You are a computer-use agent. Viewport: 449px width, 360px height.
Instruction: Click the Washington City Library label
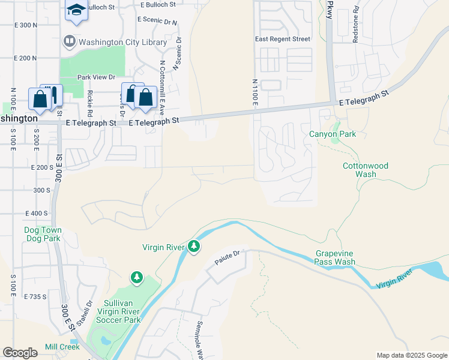point(118,43)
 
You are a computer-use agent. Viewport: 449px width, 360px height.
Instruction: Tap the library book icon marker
point(69,42)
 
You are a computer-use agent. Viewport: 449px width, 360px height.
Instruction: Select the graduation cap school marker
point(76,10)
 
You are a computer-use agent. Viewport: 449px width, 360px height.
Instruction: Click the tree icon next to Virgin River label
point(193,247)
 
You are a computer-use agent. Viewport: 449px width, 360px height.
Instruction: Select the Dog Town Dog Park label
point(43,234)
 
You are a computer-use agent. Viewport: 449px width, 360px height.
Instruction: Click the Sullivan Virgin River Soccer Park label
point(113,311)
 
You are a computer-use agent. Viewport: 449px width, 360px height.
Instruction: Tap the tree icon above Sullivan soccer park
point(137,277)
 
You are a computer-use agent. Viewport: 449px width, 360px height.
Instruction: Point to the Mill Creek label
point(62,347)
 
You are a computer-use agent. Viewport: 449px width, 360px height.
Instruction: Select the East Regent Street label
point(283,39)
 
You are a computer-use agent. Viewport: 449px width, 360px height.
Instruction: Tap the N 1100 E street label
point(255,92)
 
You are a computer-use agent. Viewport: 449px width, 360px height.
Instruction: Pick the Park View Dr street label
point(96,77)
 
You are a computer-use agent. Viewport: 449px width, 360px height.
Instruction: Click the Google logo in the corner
point(20,353)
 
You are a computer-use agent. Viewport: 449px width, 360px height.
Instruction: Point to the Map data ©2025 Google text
point(411,355)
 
